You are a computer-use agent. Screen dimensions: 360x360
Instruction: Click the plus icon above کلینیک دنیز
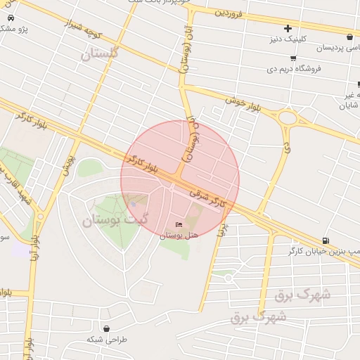point(288,28)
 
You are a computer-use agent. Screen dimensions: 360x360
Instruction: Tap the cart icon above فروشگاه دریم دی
point(293,58)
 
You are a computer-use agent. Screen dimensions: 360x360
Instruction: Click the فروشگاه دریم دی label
point(294,69)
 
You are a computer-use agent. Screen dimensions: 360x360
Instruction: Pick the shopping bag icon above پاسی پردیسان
point(349,37)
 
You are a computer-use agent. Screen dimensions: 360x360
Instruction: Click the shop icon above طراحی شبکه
point(106,328)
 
